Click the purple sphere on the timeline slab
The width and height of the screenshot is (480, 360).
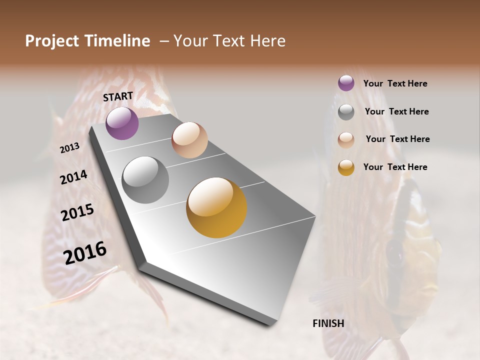tap(122, 123)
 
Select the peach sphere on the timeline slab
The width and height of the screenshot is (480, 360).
tap(189, 140)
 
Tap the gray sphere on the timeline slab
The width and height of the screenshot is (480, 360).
tap(145, 180)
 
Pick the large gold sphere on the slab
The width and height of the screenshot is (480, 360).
tap(216, 207)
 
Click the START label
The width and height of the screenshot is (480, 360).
tap(118, 96)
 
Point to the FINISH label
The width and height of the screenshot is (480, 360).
tap(328, 323)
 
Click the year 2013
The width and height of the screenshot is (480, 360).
tap(69, 148)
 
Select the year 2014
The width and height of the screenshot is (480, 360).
tap(73, 177)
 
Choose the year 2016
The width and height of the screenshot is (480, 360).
tap(85, 252)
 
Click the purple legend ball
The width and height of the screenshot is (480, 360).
tap(346, 83)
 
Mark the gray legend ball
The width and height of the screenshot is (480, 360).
tap(346, 112)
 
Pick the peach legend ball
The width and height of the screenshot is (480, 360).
tap(346, 140)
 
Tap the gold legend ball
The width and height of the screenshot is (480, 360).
tap(346, 167)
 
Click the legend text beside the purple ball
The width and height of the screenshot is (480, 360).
tap(395, 83)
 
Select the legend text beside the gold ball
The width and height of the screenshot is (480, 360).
tap(395, 167)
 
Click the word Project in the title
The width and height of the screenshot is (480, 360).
tap(52, 41)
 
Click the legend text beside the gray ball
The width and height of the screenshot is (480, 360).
tap(396, 111)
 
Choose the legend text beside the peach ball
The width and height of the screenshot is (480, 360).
tap(397, 139)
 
